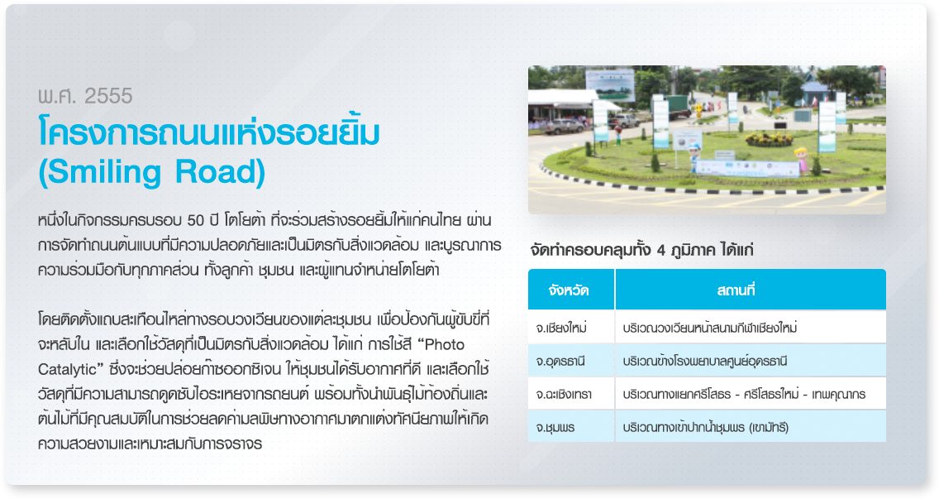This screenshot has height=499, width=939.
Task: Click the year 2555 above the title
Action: tap(108, 96)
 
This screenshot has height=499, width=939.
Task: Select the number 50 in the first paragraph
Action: tap(195, 221)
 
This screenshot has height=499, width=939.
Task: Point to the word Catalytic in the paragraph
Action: tap(67, 369)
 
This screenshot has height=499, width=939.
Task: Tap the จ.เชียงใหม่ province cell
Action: tap(561, 328)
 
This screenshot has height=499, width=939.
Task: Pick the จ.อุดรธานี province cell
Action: tap(560, 362)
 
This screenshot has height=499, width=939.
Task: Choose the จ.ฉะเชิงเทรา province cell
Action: tap(564, 395)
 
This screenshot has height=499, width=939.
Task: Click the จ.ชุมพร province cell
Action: tap(555, 428)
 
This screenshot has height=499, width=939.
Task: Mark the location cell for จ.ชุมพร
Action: tap(705, 428)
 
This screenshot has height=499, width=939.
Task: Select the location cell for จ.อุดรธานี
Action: tap(705, 362)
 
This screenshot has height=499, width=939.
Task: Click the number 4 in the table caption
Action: tap(661, 250)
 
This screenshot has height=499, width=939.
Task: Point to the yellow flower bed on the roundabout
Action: tap(769, 139)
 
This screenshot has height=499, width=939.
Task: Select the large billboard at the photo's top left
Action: tap(610, 84)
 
